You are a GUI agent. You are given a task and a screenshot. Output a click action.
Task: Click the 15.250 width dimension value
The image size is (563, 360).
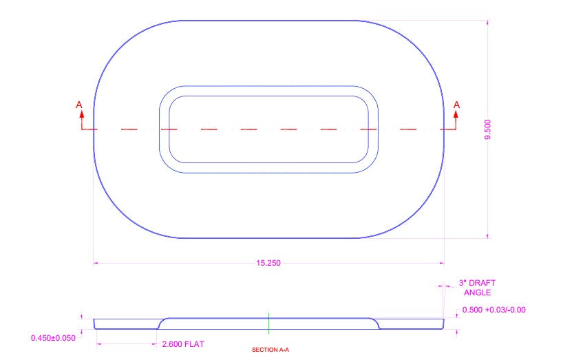point(268,263)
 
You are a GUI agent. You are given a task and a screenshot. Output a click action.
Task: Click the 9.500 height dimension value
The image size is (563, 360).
point(487,129)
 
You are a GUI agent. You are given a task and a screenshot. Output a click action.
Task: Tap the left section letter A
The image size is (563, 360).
point(79,105)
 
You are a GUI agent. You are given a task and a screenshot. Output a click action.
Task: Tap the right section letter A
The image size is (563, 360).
point(456,105)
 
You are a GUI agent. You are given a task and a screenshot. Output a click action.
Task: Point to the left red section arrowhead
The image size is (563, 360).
point(82,114)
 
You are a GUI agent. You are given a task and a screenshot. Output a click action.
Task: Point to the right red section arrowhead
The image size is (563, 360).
point(456,114)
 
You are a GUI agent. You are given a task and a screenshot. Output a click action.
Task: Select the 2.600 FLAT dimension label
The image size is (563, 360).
point(183,344)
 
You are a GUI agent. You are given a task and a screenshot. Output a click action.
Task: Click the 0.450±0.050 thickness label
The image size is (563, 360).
point(53,338)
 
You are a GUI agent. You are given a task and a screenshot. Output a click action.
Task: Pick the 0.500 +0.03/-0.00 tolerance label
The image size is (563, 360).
point(493,310)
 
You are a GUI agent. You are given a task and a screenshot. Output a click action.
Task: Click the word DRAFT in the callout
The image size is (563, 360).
point(482,283)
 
